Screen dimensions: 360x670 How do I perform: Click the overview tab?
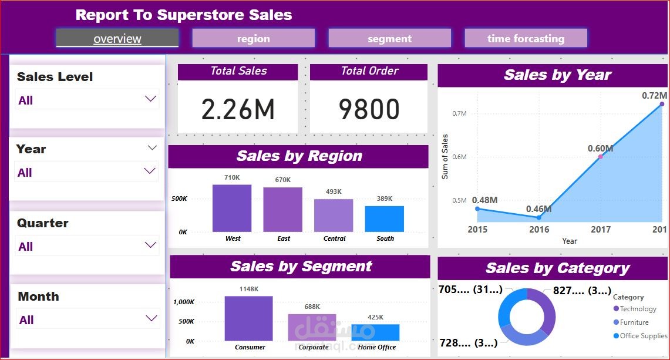[x=117, y=39]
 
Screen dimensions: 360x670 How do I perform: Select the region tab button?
[x=253, y=39]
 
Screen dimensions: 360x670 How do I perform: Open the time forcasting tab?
[x=526, y=39]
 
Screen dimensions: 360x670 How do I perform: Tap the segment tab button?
[x=389, y=39]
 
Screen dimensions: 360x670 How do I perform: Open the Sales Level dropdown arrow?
[x=151, y=99]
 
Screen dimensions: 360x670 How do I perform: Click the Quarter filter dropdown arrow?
[x=151, y=245]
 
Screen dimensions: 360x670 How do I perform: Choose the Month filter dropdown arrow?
[x=151, y=318]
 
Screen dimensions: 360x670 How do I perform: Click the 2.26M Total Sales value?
[x=238, y=110]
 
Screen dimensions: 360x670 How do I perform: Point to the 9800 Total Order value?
[x=369, y=110]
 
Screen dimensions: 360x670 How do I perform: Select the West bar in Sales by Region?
[x=232, y=208]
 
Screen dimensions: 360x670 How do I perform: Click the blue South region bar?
[x=384, y=218]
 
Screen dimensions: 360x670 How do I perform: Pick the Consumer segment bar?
[x=248, y=318]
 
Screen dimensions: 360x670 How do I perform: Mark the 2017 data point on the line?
[x=600, y=157]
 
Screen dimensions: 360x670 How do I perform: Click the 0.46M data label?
[x=538, y=208]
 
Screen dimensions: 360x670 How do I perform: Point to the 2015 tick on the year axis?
[x=477, y=230]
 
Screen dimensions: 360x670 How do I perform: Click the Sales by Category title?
[x=557, y=268]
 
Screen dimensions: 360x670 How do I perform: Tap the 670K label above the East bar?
[x=283, y=180]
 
